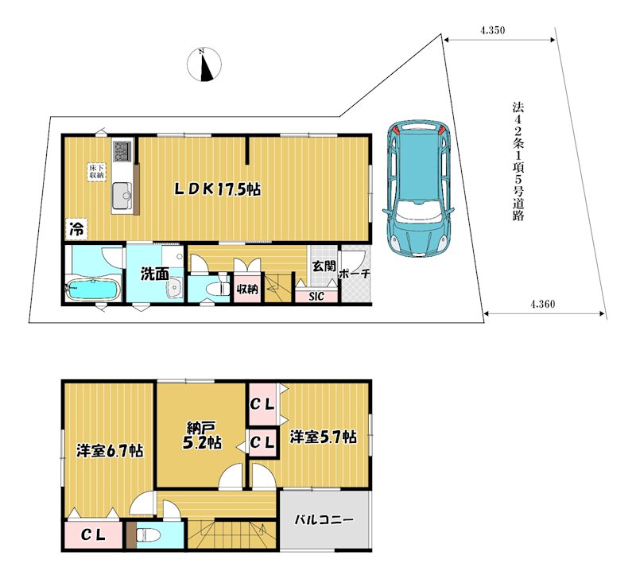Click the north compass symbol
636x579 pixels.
pos(204,64)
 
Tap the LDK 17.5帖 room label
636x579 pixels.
pos(217,189)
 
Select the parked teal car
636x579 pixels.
pos(419,189)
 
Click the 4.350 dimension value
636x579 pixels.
pos(492,30)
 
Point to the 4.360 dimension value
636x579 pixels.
pos(543,304)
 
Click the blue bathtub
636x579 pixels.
pos(93,289)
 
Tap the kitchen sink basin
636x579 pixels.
pos(122,196)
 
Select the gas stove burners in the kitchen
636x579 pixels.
pos(122,151)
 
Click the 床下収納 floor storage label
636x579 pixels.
pos(97,172)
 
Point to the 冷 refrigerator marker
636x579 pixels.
pos(76,229)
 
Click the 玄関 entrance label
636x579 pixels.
pos(324,266)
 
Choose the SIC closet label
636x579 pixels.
pos(316,296)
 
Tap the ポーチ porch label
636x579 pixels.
pos(354,274)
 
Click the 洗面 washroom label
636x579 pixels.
pos(154,274)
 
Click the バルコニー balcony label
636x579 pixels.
pos(324,520)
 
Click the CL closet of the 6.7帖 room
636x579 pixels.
pos(93,534)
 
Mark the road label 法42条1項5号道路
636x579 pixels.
pos(518,161)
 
